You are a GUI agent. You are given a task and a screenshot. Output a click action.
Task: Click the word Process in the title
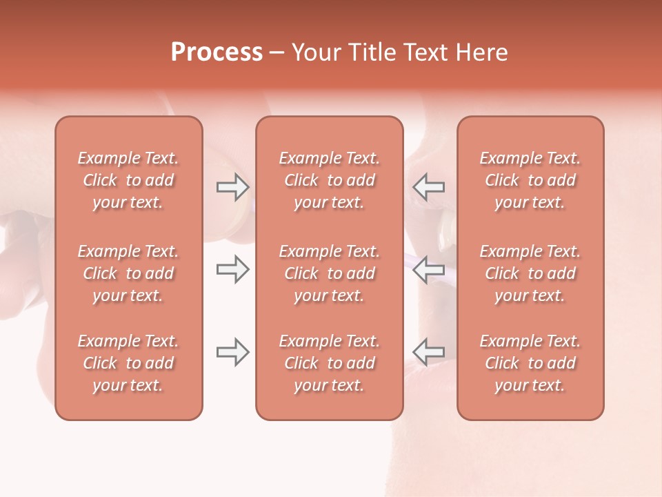(x=217, y=52)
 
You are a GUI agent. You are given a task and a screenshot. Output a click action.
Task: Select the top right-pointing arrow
(x=232, y=187)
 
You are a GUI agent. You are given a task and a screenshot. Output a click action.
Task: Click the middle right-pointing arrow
(x=232, y=269)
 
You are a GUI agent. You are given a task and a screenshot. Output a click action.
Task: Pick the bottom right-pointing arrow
(x=232, y=352)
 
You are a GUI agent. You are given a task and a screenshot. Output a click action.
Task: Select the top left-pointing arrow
(x=429, y=187)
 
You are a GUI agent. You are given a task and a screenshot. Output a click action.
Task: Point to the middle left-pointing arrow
(x=429, y=269)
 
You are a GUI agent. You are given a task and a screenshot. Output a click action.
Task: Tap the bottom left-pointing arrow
(x=429, y=352)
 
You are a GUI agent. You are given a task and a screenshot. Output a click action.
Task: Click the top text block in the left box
(x=128, y=180)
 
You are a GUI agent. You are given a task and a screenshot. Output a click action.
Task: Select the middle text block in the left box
(x=128, y=273)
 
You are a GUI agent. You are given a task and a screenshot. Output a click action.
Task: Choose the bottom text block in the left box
(x=128, y=363)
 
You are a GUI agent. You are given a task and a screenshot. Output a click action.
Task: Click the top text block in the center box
(x=329, y=180)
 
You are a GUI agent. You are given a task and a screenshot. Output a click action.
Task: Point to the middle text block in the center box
(x=329, y=273)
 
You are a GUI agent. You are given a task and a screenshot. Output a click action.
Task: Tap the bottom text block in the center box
(x=329, y=363)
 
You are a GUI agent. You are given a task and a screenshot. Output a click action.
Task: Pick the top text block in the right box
(x=530, y=180)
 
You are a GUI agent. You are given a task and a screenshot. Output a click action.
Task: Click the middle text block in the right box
(x=530, y=273)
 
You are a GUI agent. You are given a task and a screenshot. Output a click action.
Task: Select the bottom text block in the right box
(x=530, y=363)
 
